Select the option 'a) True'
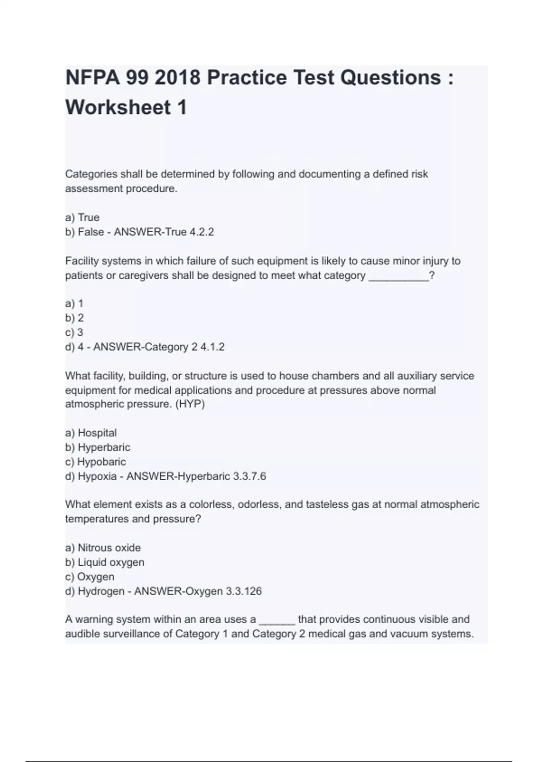pyautogui.click(x=82, y=217)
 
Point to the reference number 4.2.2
pyautogui.click(x=202, y=232)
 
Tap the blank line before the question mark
pyautogui.click(x=398, y=276)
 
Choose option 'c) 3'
pyautogui.click(x=74, y=333)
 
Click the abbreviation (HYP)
pyautogui.click(x=190, y=404)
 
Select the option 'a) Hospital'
pyautogui.click(x=91, y=433)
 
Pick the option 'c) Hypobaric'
pyautogui.click(x=95, y=462)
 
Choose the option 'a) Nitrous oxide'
pyautogui.click(x=103, y=548)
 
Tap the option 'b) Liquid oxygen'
pyautogui.click(x=105, y=562)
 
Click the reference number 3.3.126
pyautogui.click(x=243, y=591)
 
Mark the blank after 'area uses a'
pyautogui.click(x=277, y=620)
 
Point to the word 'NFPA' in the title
pyautogui.click(x=93, y=78)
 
